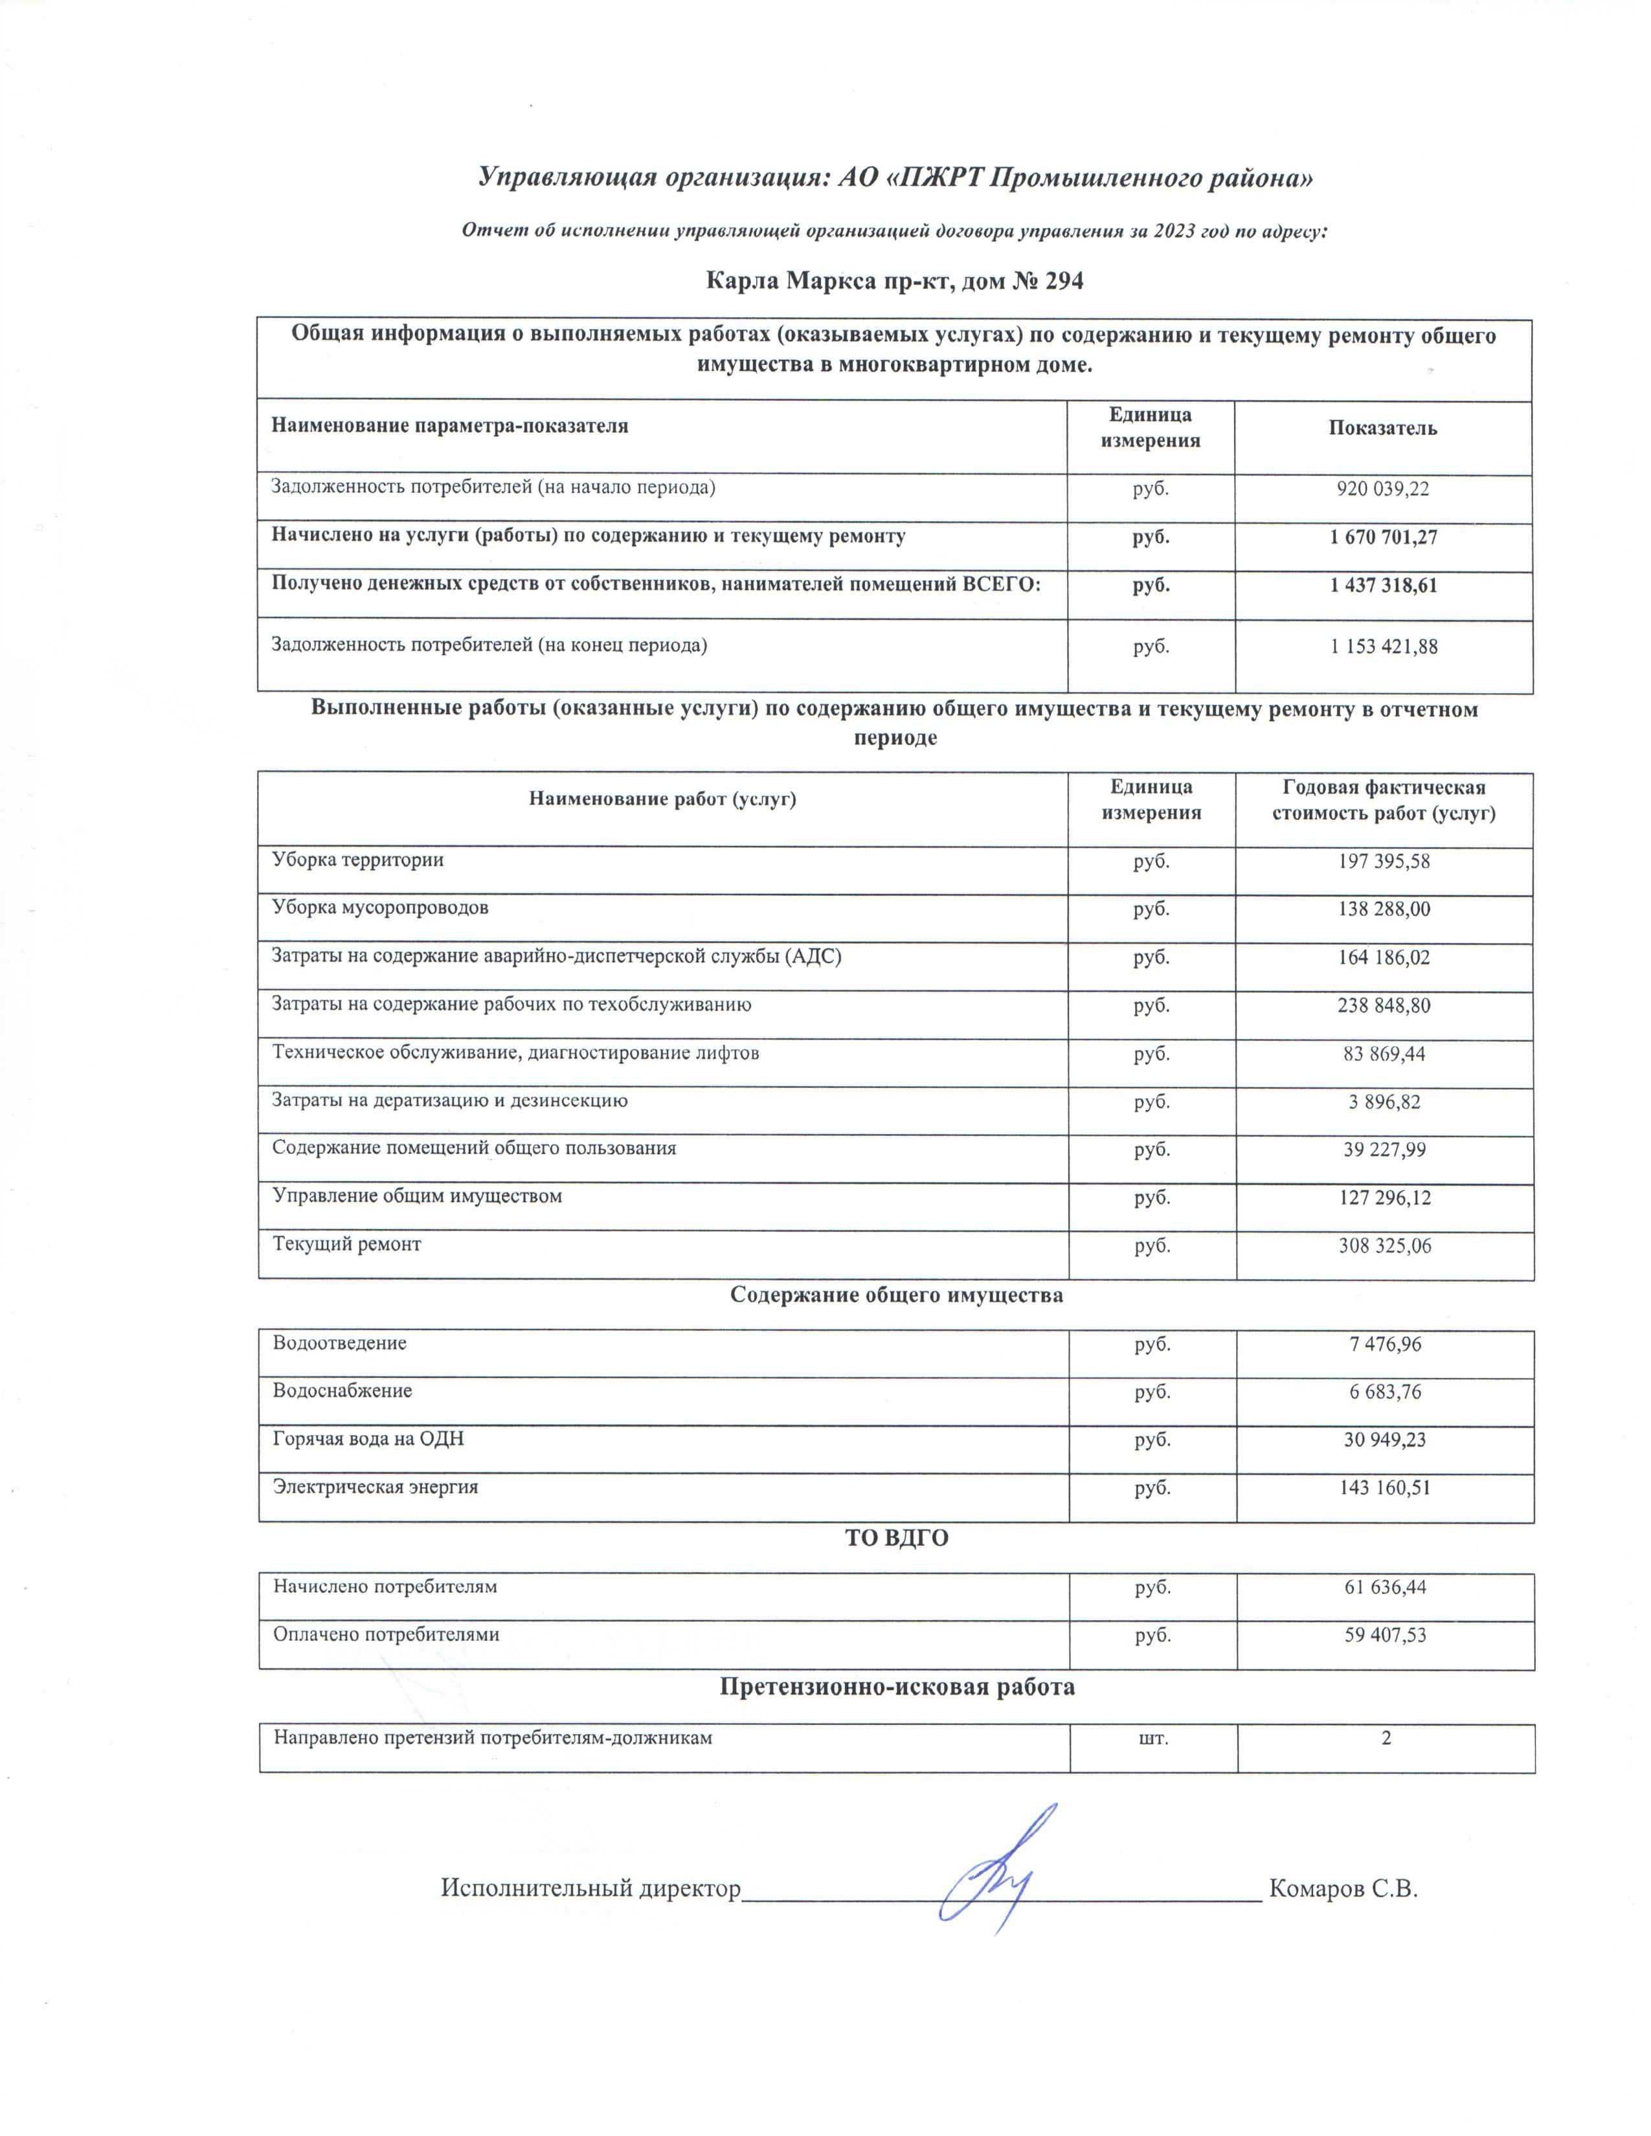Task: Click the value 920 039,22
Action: (x=1383, y=489)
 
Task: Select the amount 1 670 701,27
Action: (x=1383, y=537)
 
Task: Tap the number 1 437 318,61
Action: (x=1383, y=586)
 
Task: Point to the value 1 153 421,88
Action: (x=1383, y=647)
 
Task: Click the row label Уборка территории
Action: (x=358, y=861)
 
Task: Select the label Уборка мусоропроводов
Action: (x=381, y=907)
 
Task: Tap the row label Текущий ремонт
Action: (x=347, y=1245)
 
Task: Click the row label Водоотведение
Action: (x=339, y=1344)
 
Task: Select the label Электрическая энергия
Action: (x=376, y=1487)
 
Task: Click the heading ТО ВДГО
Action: (x=896, y=1539)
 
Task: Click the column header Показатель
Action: (x=1382, y=428)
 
